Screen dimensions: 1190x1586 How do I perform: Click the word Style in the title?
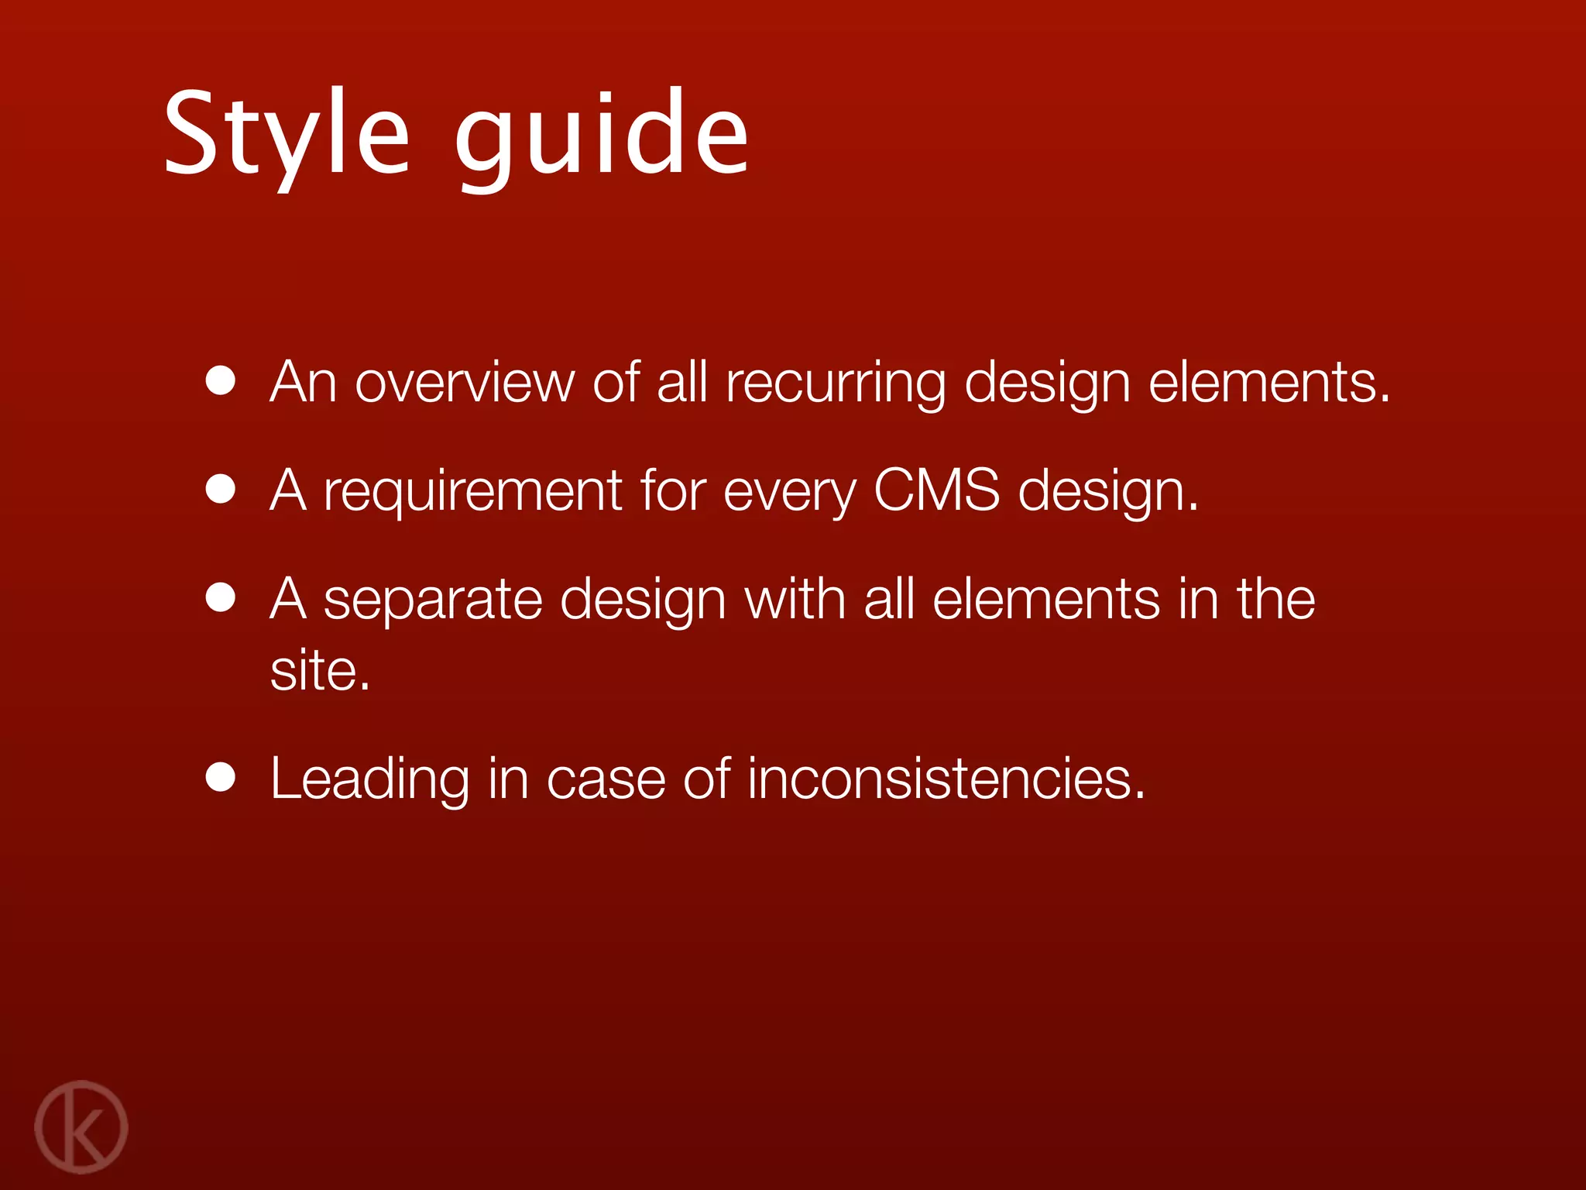click(287, 133)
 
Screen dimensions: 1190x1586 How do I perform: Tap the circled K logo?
click(81, 1126)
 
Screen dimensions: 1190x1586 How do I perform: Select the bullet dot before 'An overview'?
click(221, 381)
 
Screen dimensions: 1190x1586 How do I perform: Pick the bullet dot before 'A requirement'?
click(221, 490)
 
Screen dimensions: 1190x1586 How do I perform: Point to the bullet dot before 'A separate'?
click(221, 598)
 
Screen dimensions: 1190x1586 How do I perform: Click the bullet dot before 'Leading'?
click(221, 777)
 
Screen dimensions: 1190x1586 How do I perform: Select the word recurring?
click(836, 384)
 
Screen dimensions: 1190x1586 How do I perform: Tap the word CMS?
click(936, 490)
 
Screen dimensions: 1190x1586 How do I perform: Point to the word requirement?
click(472, 493)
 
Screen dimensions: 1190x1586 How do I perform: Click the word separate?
click(433, 601)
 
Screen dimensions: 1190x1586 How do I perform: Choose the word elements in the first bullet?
click(1268, 383)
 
